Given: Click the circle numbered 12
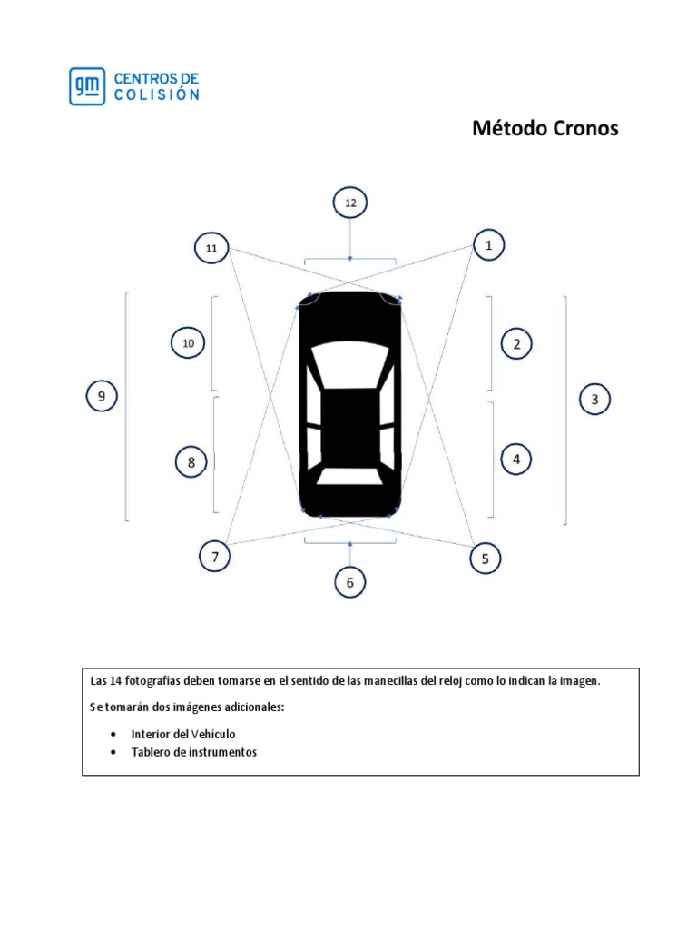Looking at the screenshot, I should tap(350, 203).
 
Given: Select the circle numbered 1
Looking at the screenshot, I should tap(488, 245).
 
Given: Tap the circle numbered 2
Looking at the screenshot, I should tap(516, 344).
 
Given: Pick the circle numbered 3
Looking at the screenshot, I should tap(594, 399).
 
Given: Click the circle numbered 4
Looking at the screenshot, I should tap(516, 460).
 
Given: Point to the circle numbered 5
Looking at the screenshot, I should tap(486, 559).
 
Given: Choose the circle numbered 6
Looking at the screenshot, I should tap(350, 582).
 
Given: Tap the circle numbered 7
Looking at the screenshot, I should tap(215, 557).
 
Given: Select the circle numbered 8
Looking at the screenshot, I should tap(191, 462).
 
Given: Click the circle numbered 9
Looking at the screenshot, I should tap(102, 396).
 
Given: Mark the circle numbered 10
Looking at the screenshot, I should tap(188, 343).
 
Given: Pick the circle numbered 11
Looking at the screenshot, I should tap(211, 247).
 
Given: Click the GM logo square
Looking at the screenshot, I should tap(87, 86).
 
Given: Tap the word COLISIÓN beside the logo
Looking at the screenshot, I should tap(156, 94).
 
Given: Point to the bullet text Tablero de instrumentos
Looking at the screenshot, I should tap(193, 752).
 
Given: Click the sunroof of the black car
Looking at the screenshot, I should tap(350, 413).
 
